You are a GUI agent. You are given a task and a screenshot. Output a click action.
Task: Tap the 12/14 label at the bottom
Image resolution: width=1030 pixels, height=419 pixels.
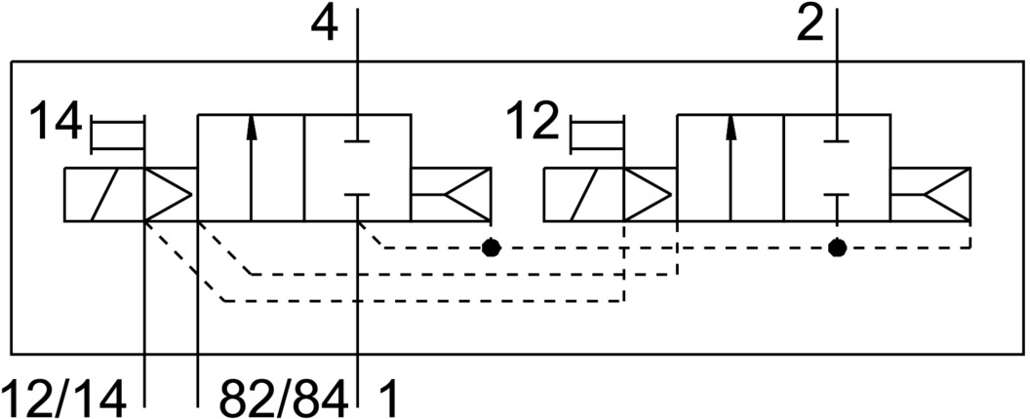(64, 398)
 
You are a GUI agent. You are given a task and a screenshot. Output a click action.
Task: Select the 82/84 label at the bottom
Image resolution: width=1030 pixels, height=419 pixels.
(283, 398)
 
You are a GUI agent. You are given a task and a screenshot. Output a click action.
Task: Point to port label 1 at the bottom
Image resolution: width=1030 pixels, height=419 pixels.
(387, 398)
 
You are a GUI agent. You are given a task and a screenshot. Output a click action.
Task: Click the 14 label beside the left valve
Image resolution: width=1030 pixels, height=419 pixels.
(55, 125)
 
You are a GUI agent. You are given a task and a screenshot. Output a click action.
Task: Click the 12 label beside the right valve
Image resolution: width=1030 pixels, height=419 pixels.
(533, 125)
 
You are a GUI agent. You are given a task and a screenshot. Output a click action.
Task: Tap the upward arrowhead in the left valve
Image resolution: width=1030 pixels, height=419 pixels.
(252, 127)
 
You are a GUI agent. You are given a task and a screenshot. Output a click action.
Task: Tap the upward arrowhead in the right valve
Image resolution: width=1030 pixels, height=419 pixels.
(731, 127)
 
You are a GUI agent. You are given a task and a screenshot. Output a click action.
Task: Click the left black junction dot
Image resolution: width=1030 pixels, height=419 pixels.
(492, 248)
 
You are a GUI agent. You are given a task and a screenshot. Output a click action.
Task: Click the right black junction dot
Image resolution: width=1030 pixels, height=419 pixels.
(836, 248)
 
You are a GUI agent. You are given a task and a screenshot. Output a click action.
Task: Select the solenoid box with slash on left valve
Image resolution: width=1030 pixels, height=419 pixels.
(103, 195)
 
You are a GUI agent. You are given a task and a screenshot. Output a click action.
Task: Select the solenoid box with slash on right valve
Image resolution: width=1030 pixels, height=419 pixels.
(582, 195)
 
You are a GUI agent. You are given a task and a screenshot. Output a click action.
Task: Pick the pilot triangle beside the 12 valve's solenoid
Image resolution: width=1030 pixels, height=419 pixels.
(646, 195)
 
